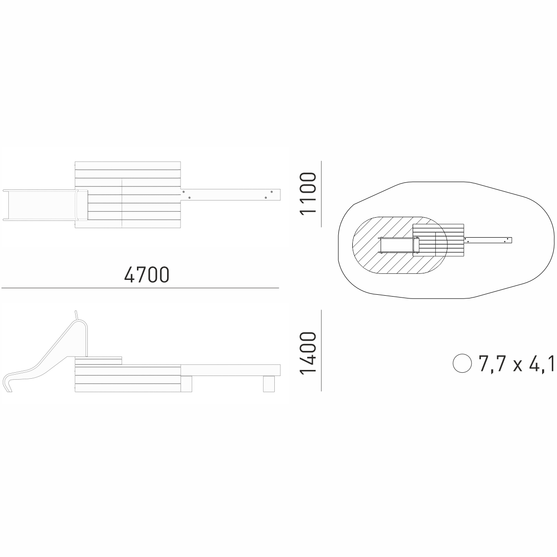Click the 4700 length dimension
[x=147, y=275]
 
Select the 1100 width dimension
[x=308, y=194]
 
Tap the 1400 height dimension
[x=308, y=354]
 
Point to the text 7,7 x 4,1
[x=517, y=363]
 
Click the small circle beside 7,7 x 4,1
[x=462, y=363]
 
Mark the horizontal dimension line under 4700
[x=140, y=288]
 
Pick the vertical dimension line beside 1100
[x=321, y=194]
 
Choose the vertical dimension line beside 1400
[x=321, y=350]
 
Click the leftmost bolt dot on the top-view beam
[x=183, y=192]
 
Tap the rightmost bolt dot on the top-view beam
[x=272, y=192]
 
